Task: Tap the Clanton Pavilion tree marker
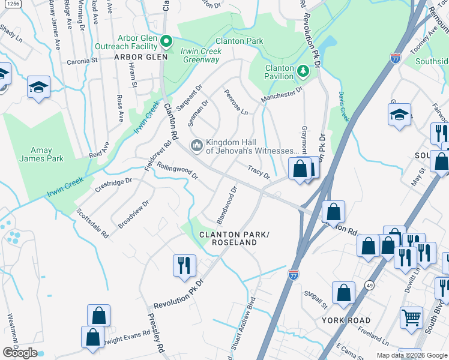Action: coord(303,72)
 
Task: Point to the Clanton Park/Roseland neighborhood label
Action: coord(233,238)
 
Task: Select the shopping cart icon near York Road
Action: coord(411,317)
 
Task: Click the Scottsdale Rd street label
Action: coord(92,223)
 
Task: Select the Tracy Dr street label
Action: coord(259,172)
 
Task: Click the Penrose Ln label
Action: coord(236,103)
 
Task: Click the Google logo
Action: coord(20,353)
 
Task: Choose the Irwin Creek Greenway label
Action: coord(201,55)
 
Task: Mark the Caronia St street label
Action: coord(82,61)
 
